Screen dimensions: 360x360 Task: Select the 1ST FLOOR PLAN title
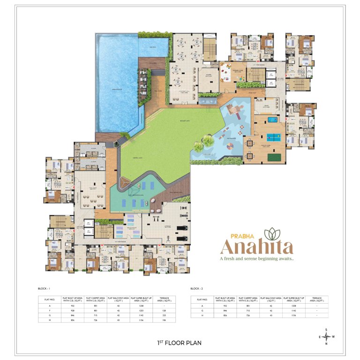[180, 343]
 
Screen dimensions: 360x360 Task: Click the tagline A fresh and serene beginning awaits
[257, 258]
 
